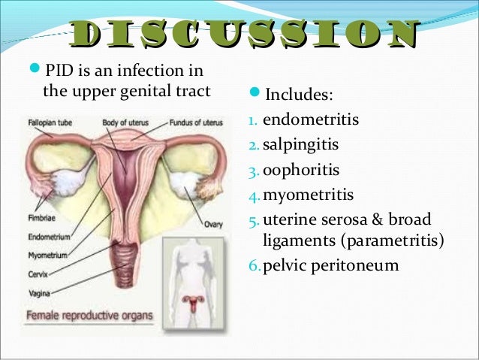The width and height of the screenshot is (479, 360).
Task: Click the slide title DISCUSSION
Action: coord(242,35)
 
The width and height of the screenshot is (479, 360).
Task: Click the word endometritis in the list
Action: coord(311,119)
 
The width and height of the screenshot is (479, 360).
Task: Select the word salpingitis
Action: coord(301,144)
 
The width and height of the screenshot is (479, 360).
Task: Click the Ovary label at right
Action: coord(212,223)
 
